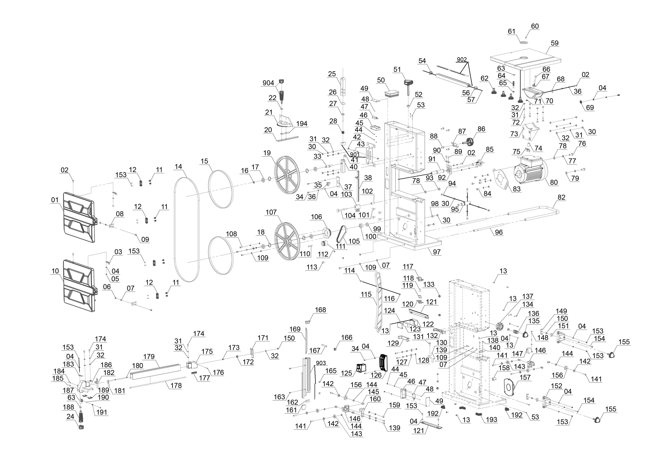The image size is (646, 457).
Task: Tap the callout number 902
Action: [462, 59]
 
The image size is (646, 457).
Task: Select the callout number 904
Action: [268, 83]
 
